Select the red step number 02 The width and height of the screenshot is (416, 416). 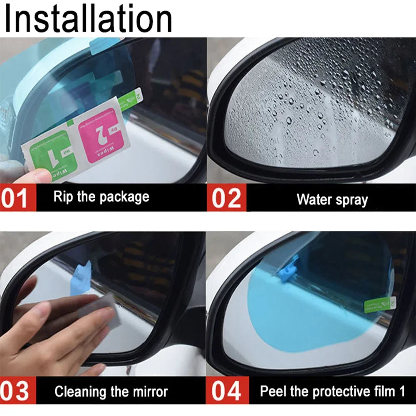[226, 198]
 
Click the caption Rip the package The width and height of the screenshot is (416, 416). [101, 196]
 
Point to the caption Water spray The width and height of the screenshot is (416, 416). [332, 199]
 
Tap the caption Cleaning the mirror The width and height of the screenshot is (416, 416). [111, 391]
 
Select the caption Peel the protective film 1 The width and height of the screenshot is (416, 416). [332, 391]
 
